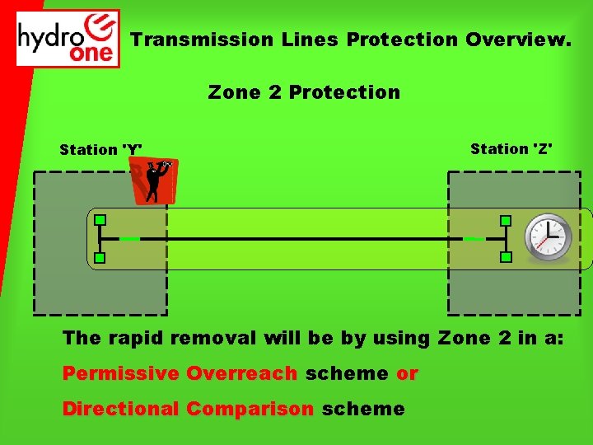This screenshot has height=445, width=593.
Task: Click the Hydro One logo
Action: [x=68, y=39]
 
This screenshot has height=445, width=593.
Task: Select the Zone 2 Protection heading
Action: [x=304, y=92]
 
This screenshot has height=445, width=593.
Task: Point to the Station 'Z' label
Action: [x=511, y=148]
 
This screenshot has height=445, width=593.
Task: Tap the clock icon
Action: [x=549, y=237]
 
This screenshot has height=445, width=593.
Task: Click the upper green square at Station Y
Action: [x=100, y=220]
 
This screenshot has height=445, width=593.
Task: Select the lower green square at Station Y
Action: [x=100, y=258]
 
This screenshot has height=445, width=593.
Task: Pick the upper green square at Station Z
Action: [x=506, y=221]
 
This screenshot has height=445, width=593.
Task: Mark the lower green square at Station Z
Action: [x=506, y=257]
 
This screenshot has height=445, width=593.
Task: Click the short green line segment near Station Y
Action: [x=128, y=239]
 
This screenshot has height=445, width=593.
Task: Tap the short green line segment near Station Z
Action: [x=474, y=239]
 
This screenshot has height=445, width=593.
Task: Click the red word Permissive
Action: [x=121, y=373]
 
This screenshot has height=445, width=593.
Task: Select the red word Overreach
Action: [x=241, y=373]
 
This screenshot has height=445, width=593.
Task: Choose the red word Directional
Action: [x=121, y=409]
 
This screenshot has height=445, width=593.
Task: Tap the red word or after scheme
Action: [x=407, y=373]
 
